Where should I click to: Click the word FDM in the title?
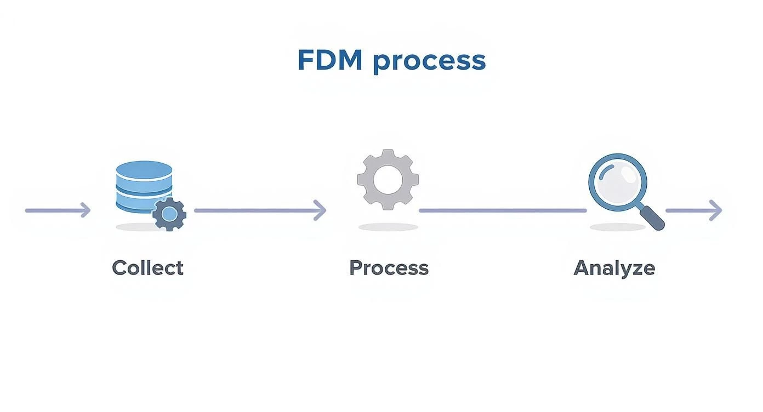pos(329,60)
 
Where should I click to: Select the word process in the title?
pos(429,61)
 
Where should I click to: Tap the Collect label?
pos(147,268)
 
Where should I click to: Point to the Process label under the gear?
pos(389,268)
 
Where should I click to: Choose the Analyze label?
pos(614,268)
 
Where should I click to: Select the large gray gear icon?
pos(388,179)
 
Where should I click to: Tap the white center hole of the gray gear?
pos(388,179)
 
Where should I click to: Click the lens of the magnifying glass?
pos(617,182)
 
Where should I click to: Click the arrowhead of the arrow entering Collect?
pos(86,210)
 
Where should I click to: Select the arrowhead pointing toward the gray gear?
pos(321,210)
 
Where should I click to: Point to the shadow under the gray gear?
pos(388,227)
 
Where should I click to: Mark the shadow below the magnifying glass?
pos(617,227)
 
